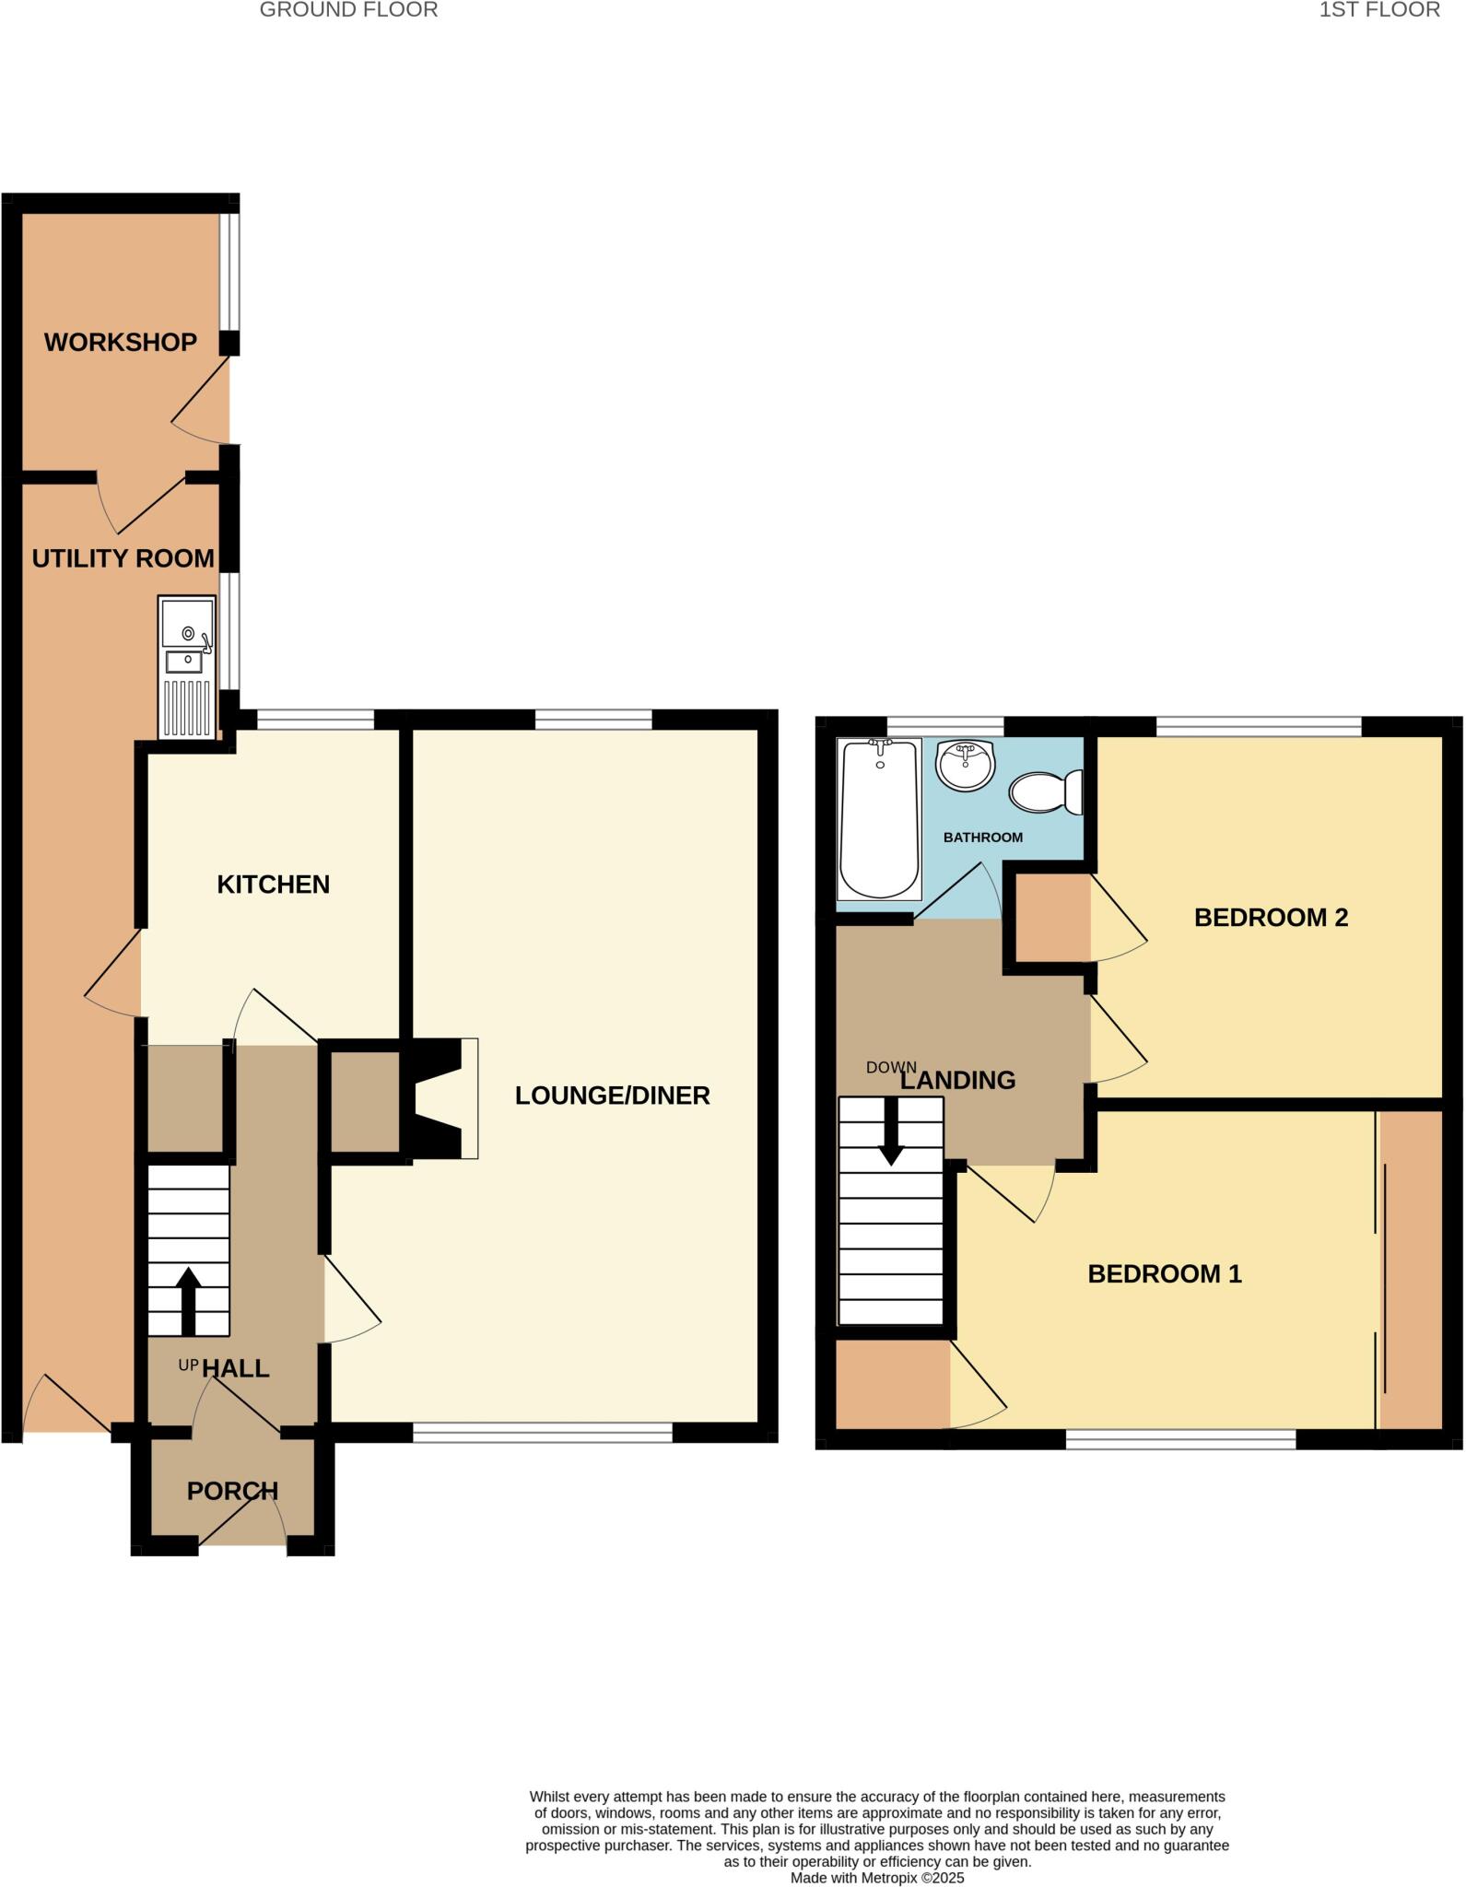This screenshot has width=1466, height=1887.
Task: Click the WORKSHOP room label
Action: (121, 342)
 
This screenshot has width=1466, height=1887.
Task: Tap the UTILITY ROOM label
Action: (123, 558)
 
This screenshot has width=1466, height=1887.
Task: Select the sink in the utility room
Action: (187, 667)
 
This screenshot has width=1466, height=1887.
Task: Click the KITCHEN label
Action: (273, 885)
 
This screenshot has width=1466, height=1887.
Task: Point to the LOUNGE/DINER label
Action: (612, 1096)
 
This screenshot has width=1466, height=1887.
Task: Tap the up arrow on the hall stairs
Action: (188, 1300)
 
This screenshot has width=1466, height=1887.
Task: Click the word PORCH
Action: (232, 1491)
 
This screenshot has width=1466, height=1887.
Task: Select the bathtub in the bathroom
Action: (879, 818)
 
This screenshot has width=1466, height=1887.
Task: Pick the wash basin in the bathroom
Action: (965, 765)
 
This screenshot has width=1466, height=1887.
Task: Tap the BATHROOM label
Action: (982, 838)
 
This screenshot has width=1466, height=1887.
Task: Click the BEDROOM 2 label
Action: (1271, 918)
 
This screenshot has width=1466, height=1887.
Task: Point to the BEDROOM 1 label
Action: (1165, 1274)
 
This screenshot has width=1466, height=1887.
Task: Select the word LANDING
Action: (957, 1080)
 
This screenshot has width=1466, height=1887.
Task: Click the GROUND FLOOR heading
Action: (348, 10)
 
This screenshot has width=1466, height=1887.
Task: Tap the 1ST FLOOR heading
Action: (1379, 10)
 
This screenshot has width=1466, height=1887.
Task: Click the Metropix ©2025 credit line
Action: (876, 1878)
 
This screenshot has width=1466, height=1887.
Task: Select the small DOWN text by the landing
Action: (891, 1068)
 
